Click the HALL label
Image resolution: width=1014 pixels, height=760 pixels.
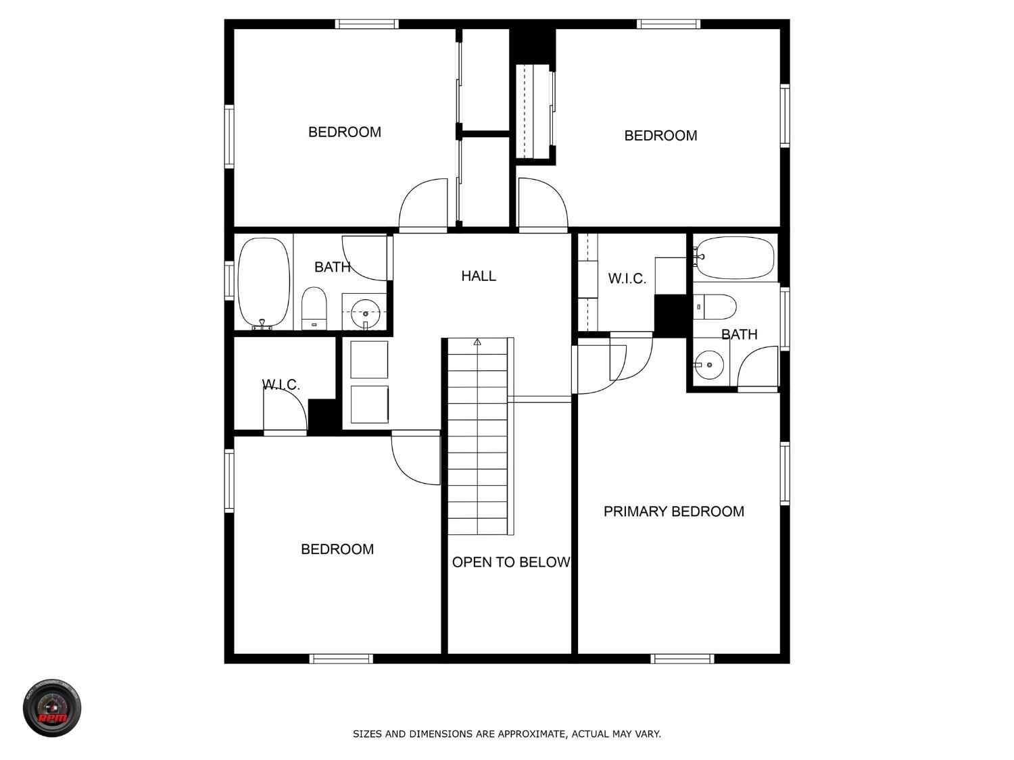pos(479,276)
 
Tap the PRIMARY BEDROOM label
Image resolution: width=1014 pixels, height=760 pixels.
pos(673,511)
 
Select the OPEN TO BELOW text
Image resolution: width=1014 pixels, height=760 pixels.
pos(510,562)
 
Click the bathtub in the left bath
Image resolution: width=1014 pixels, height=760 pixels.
pos(264,282)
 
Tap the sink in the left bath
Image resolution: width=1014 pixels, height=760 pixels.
pos(365,313)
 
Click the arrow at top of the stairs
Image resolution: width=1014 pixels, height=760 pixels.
pos(477,342)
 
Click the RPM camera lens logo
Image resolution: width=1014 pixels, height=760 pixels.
pos(52,708)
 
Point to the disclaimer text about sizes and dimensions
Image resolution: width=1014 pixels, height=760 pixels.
pos(506,734)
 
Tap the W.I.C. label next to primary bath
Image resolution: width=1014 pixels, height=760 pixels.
pos(627,278)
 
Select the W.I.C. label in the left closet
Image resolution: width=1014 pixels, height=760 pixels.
pos(281,384)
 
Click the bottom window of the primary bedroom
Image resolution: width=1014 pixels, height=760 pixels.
pos(682,658)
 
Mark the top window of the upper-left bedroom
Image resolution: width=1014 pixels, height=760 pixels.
pos(366,24)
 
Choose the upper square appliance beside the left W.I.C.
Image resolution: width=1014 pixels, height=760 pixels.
pos(369,359)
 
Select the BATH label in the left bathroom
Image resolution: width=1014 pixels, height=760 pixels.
pos(332,267)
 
